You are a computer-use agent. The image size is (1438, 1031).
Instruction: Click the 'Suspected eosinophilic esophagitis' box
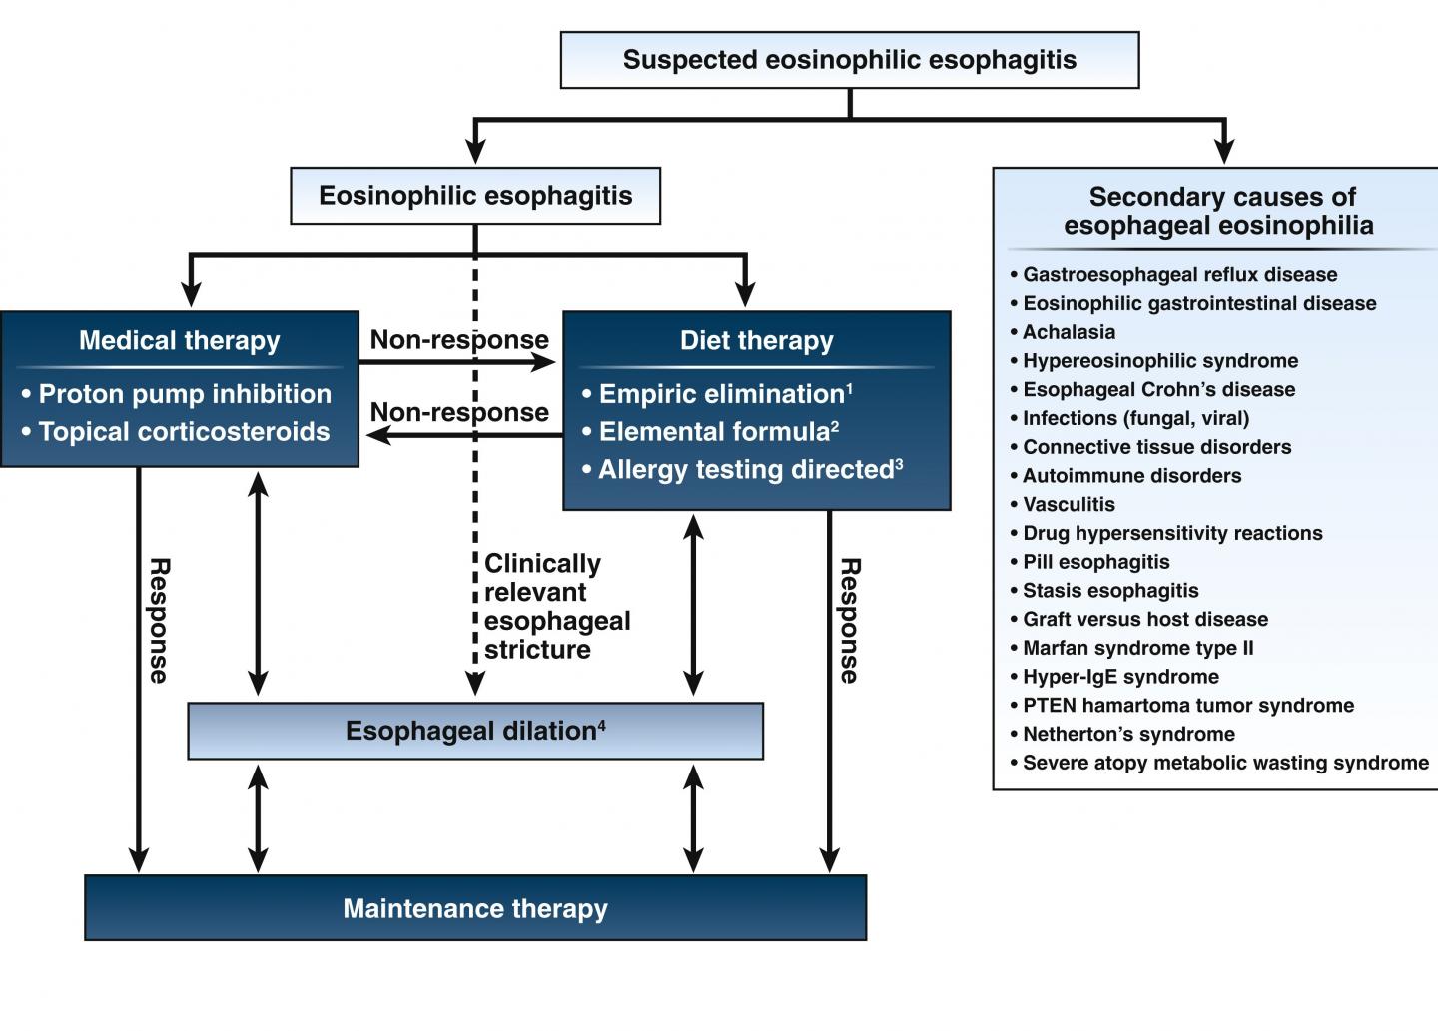tap(849, 60)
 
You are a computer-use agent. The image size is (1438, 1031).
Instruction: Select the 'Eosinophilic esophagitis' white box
tap(475, 196)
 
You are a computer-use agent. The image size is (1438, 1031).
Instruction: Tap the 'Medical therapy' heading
tap(180, 341)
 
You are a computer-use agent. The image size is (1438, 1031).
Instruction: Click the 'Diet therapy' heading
tap(756, 341)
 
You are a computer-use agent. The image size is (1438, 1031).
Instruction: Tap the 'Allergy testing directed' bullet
tap(745, 470)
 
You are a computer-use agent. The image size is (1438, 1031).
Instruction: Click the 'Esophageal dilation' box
tap(475, 731)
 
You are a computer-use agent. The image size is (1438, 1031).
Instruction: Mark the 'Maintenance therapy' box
tap(475, 909)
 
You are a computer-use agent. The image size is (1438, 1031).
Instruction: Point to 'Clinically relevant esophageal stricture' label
tap(555, 606)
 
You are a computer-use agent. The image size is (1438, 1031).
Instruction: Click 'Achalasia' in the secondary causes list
tap(1069, 332)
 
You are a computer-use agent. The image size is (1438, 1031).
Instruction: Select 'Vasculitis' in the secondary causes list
tap(1069, 505)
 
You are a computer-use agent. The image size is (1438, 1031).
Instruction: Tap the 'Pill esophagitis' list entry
tap(1095, 562)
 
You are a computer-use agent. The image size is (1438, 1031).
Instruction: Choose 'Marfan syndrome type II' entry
tap(1137, 649)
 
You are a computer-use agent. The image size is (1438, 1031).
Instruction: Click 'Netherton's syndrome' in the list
tap(1128, 735)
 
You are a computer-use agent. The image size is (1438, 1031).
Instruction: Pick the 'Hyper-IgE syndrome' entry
tap(1120, 677)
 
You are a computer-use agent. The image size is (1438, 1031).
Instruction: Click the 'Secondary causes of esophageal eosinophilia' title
tap(1220, 211)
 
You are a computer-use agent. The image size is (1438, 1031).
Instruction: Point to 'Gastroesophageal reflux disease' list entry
tap(1179, 275)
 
